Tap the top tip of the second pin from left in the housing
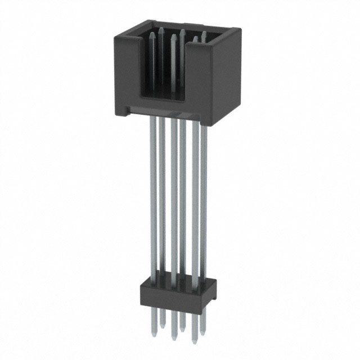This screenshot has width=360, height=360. [161, 28]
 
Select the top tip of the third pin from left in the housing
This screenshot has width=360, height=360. [173, 35]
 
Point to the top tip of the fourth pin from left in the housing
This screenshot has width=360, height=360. [183, 30]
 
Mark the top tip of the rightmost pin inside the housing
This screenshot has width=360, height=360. [204, 33]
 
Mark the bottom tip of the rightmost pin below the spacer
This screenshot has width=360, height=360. [203, 332]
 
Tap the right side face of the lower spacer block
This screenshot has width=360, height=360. [213, 292]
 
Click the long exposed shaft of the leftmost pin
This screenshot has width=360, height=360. [153, 197]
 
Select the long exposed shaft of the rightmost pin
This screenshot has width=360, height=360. [204, 197]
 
